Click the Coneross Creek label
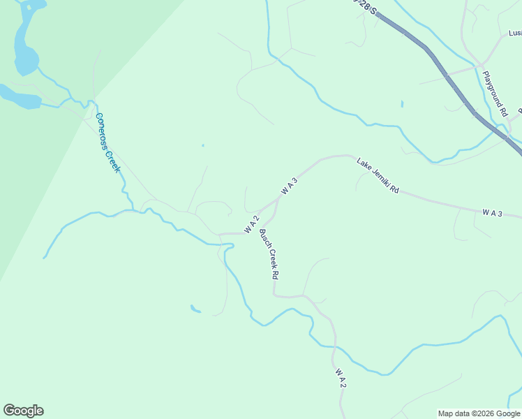coord(108,143)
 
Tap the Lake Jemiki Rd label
coord(377,176)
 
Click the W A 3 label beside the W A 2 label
coord(290,186)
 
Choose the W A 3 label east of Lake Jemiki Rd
coord(492,212)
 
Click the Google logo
coord(23,411)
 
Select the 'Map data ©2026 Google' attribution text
coord(479,413)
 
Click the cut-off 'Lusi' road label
coord(515,33)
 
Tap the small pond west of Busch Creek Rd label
coord(195,308)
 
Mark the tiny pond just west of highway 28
coord(402,104)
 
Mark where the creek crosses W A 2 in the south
coord(335,346)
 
